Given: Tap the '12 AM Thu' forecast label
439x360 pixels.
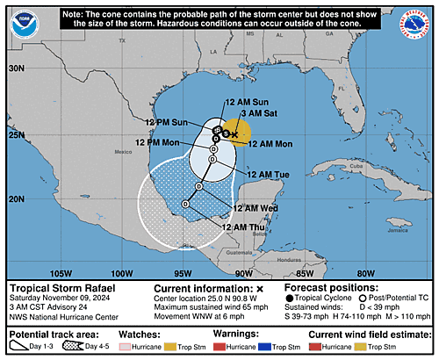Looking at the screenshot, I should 244,227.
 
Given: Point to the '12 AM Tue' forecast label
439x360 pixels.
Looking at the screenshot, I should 267,175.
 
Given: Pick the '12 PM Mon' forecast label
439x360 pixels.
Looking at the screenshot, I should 158,142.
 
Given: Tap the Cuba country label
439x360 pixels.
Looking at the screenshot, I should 329,166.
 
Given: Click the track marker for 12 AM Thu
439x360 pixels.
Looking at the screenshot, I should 185,204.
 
